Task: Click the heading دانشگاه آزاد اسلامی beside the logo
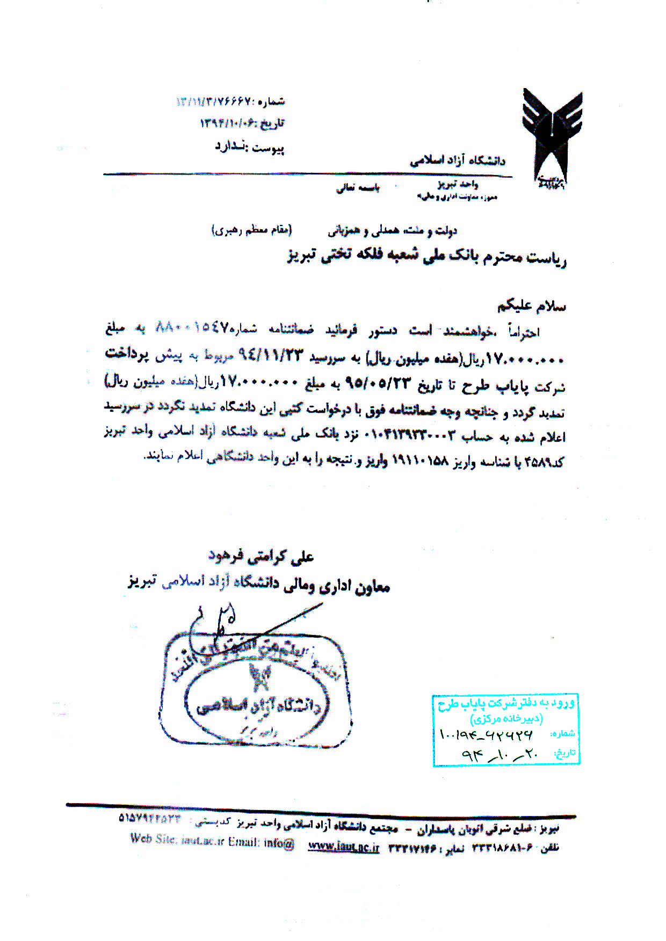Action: pos(458,161)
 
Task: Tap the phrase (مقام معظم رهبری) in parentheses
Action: pos(251,231)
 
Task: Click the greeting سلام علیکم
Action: pos(531,306)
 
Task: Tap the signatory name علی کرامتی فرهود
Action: pos(261,557)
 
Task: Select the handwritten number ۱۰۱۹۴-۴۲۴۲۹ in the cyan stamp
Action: pos(486,734)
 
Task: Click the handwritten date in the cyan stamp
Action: pos(499,754)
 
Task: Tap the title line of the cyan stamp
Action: pos(506,703)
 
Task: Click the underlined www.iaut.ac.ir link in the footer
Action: pos(344,847)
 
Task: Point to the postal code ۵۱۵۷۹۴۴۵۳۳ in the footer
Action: pos(150,818)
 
